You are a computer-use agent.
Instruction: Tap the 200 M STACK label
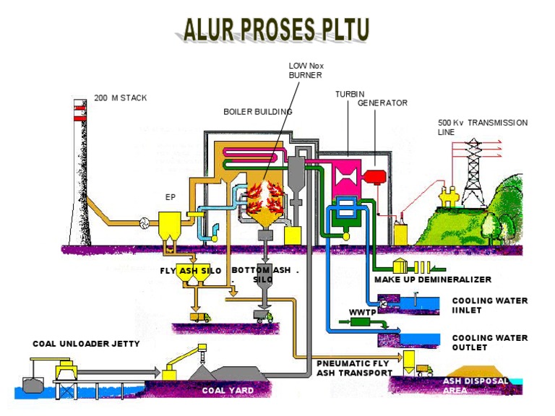(x=120, y=97)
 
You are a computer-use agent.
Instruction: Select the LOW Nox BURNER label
(x=306, y=69)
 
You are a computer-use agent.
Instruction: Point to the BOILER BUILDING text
(x=257, y=112)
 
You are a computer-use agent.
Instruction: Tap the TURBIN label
(x=350, y=95)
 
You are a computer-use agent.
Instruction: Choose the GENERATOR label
(x=382, y=103)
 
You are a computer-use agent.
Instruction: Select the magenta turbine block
(x=350, y=180)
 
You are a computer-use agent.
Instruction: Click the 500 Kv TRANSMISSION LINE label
(x=481, y=127)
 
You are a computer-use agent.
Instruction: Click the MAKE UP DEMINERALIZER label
(x=432, y=279)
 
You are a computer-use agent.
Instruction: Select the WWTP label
(x=360, y=312)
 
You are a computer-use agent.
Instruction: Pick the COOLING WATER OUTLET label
(x=489, y=342)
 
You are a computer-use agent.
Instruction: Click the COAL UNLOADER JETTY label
(x=86, y=344)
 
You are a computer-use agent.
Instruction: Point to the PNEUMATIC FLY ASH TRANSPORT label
(x=354, y=368)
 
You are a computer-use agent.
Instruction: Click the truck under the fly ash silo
(x=199, y=316)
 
